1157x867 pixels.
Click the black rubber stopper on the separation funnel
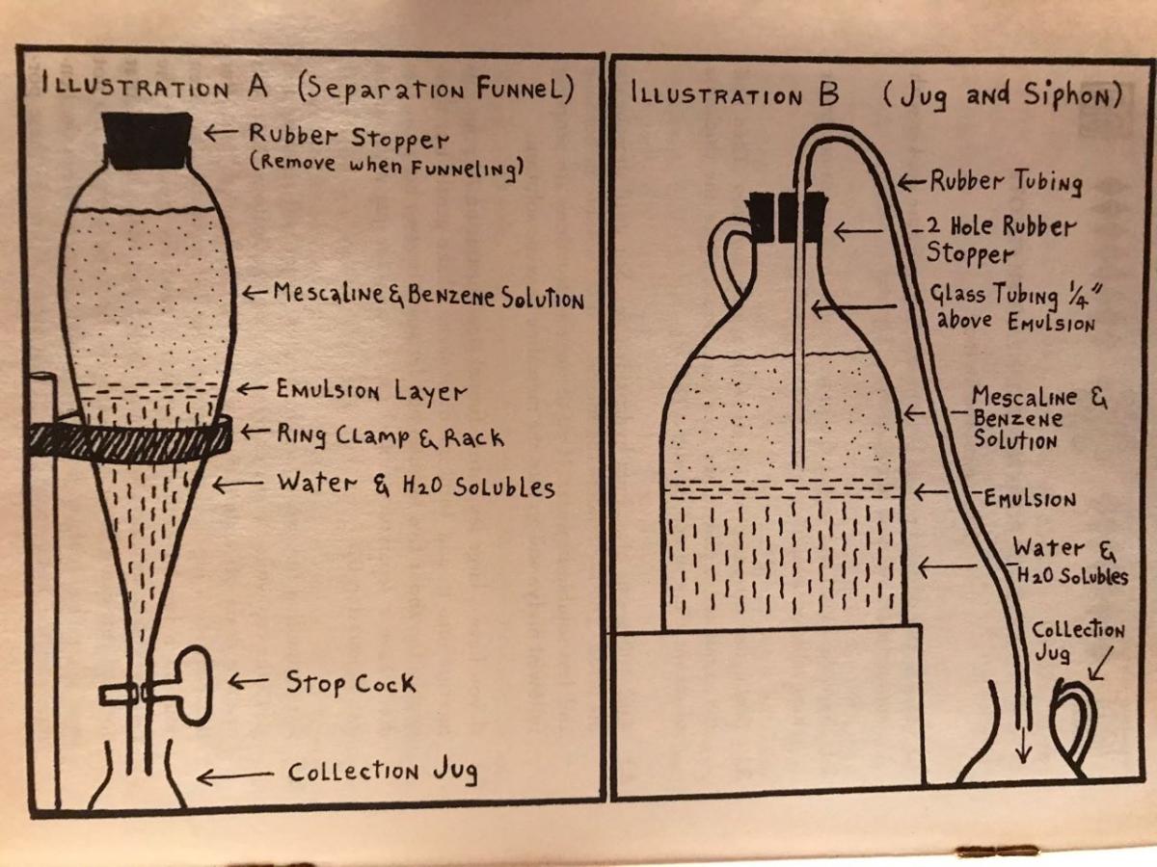tap(147, 140)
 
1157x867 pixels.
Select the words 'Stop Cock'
tap(351, 683)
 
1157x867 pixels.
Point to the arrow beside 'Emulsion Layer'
tap(253, 389)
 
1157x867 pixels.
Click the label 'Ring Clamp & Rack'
tap(390, 436)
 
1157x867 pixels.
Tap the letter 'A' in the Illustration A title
tap(257, 87)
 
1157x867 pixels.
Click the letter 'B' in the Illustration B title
tap(828, 94)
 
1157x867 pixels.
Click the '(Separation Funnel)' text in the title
tap(436, 90)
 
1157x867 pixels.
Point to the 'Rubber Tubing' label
tap(1007, 182)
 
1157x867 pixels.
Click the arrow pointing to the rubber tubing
tap(911, 183)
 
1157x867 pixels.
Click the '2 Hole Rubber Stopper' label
tap(1001, 240)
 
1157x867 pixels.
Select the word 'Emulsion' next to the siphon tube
tap(1030, 498)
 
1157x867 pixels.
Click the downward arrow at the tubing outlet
tap(1023, 744)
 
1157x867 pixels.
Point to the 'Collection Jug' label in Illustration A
tap(383, 772)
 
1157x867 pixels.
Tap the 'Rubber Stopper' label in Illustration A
tap(349, 137)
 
